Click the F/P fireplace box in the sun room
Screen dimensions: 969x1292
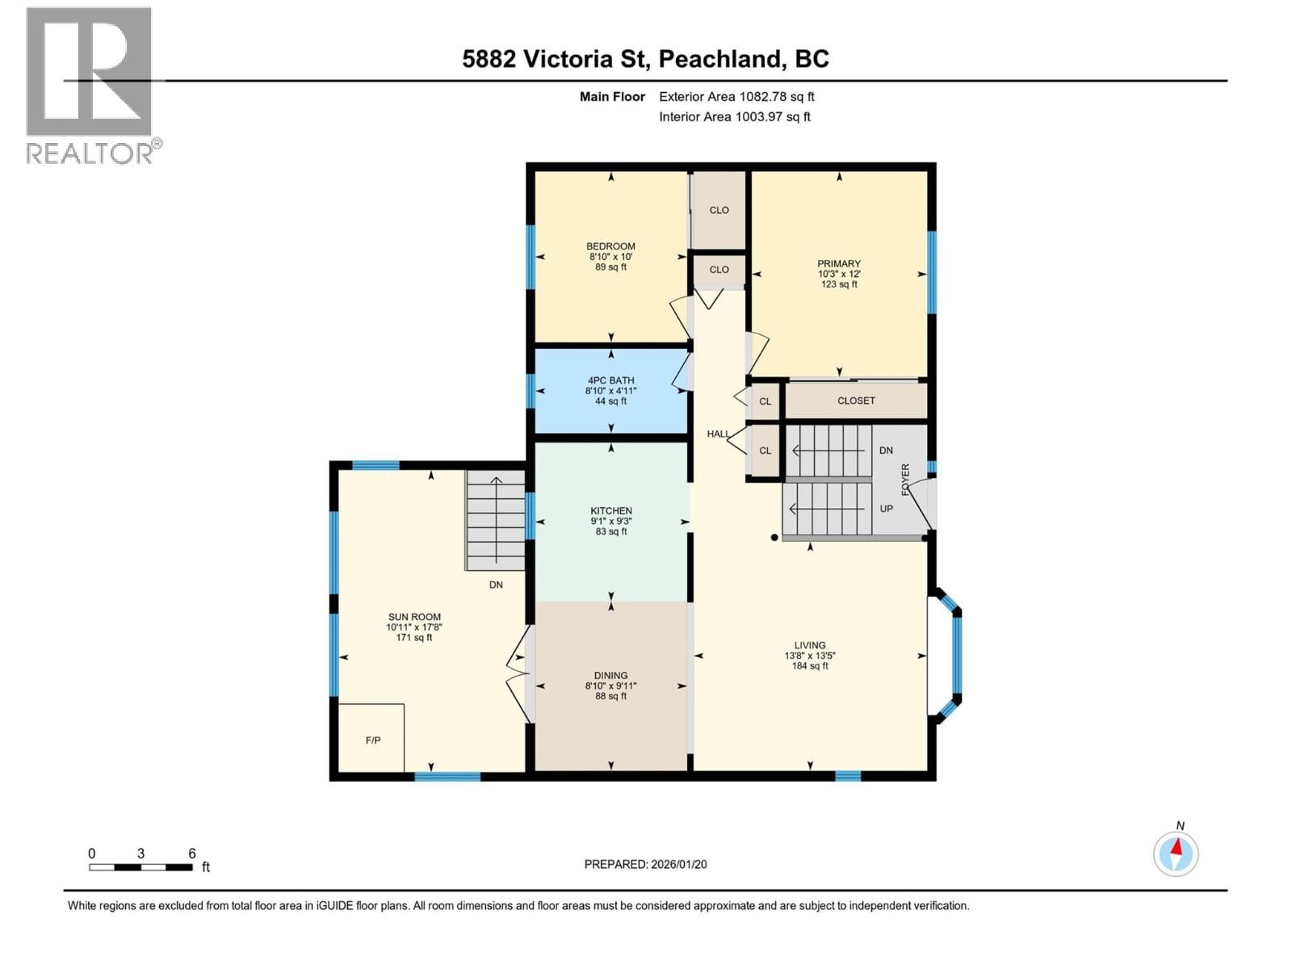(x=371, y=738)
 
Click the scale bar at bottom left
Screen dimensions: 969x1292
(x=141, y=866)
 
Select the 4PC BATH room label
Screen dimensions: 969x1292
(x=610, y=380)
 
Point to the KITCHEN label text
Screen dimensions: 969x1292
(x=610, y=511)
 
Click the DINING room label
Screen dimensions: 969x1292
(x=610, y=676)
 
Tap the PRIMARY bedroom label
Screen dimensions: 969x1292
(x=838, y=264)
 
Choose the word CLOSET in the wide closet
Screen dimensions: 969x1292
(x=856, y=401)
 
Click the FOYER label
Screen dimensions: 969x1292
(x=905, y=480)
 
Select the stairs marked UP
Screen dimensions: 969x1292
(x=828, y=509)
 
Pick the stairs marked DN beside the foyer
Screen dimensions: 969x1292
(x=830, y=451)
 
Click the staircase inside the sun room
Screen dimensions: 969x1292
(x=495, y=522)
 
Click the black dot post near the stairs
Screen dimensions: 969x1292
(x=774, y=537)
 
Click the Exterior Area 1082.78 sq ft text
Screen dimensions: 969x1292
(x=736, y=97)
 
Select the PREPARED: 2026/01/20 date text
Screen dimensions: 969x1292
(x=645, y=864)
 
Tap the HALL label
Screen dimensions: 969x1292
(x=718, y=434)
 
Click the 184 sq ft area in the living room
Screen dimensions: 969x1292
(x=810, y=666)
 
